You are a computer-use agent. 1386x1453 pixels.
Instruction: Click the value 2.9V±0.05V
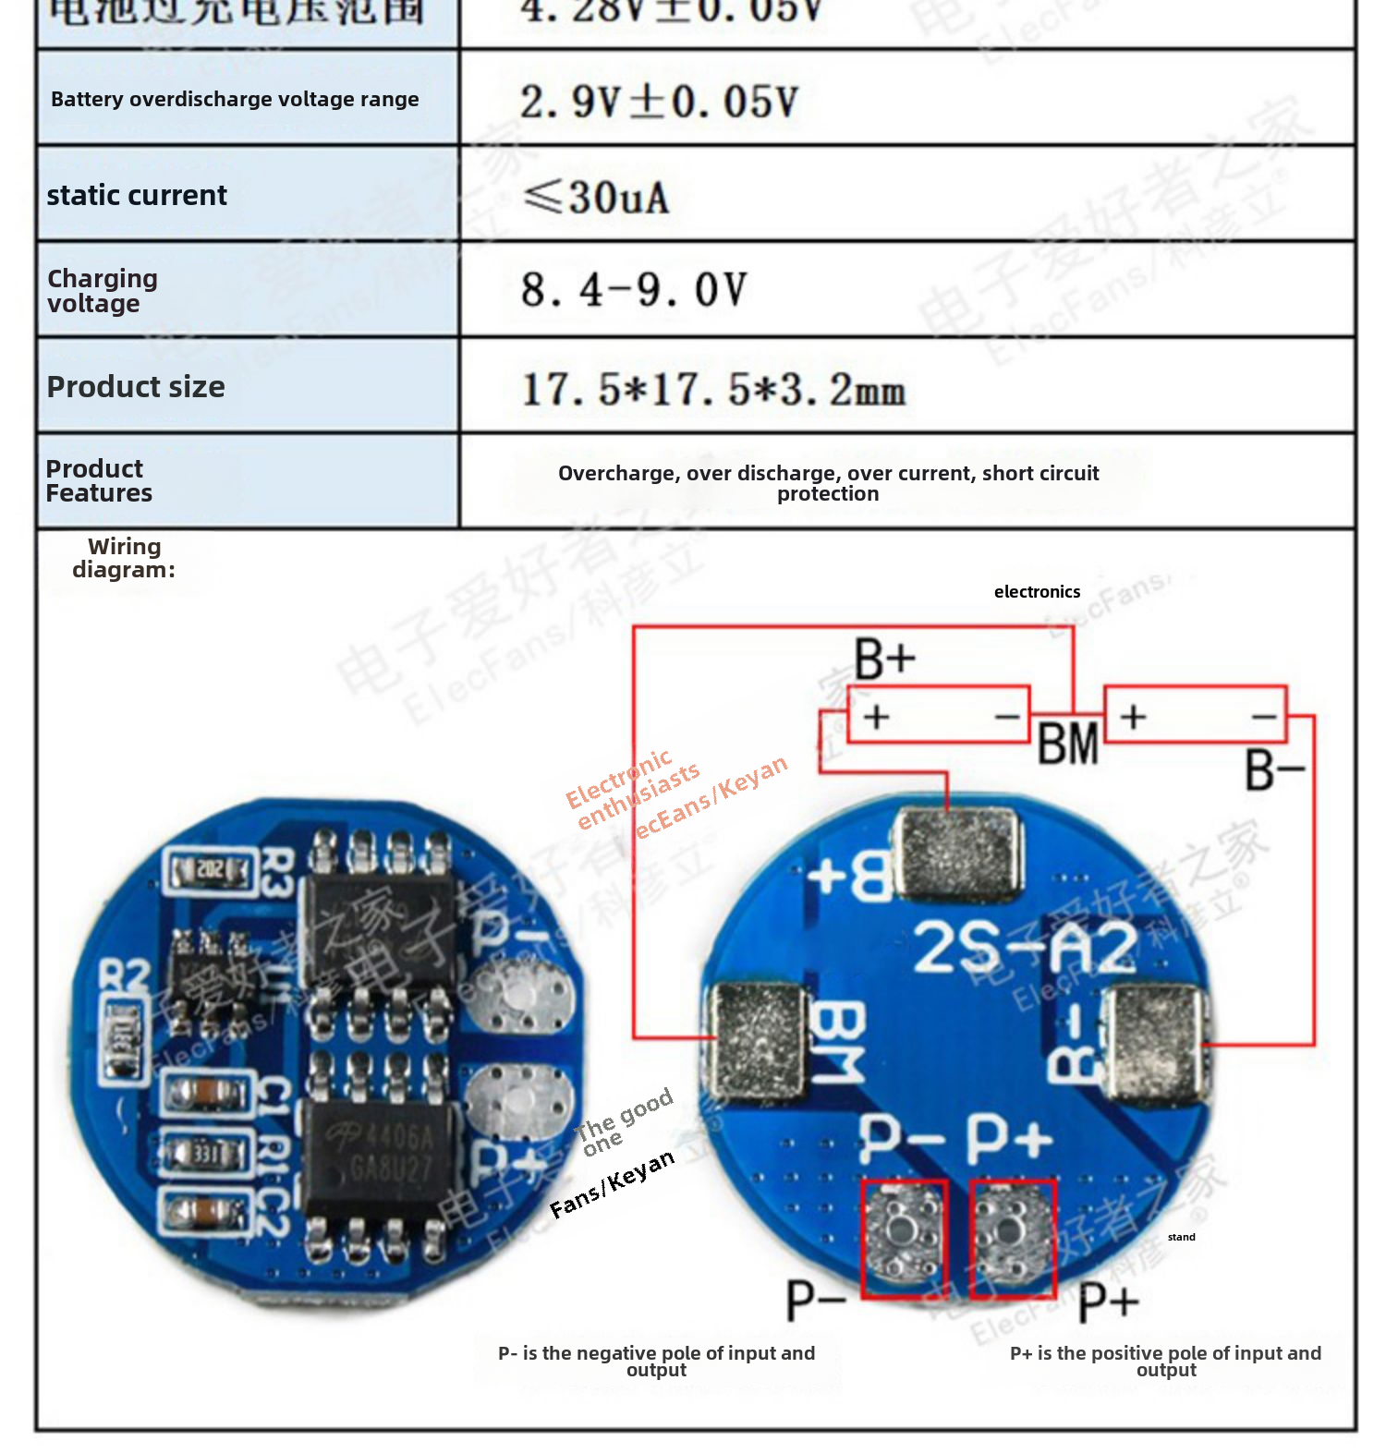tap(659, 101)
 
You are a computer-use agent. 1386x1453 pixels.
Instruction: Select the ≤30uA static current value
tap(596, 197)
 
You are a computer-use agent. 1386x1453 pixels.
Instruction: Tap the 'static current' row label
tap(137, 196)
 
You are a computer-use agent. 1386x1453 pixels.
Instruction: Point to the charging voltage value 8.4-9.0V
tap(634, 290)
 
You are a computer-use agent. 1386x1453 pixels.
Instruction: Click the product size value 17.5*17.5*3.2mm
tap(713, 389)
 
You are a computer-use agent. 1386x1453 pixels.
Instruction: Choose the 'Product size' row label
tap(136, 387)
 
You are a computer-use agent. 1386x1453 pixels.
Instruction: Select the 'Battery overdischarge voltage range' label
tap(235, 99)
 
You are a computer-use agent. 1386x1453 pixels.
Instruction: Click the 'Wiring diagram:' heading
tap(124, 558)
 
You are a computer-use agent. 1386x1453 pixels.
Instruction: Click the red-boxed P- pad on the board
tap(904, 1238)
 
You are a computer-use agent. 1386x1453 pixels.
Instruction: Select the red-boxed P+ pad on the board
tap(1013, 1238)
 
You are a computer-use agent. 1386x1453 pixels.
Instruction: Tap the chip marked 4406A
tap(381, 1155)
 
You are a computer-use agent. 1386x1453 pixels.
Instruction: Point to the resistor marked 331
tap(205, 1154)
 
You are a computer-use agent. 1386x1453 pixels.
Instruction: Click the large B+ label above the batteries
tap(883, 660)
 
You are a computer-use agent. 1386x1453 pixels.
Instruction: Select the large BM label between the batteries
tap(1067, 744)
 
